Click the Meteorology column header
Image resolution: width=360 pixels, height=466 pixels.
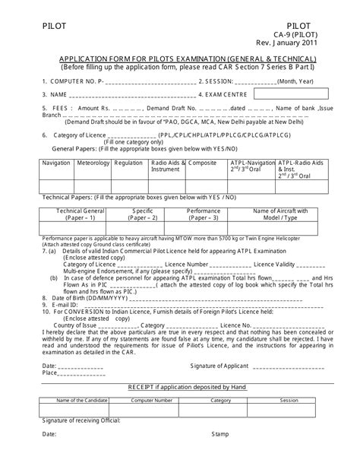[x=93, y=163]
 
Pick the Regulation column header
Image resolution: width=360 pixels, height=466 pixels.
[x=128, y=163]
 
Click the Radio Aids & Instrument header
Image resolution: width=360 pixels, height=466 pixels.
[x=165, y=166]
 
